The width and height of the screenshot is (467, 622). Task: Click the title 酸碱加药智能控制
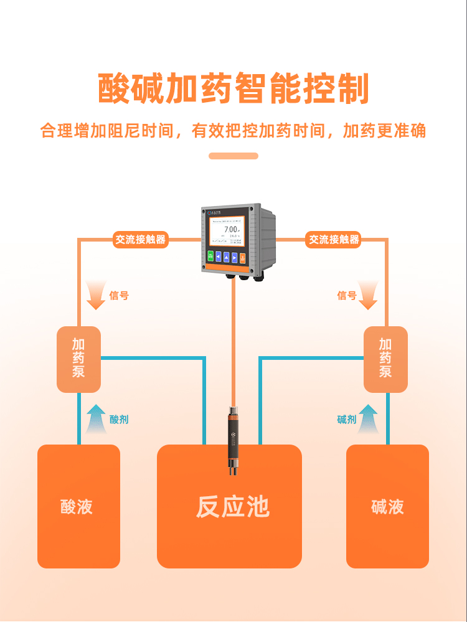tap(233, 89)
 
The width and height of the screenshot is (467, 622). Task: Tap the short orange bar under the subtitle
tap(233, 156)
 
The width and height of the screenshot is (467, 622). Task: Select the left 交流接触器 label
tap(141, 240)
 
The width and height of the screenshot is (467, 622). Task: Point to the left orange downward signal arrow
tap(96, 295)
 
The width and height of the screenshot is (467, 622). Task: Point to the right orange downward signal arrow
tap(369, 295)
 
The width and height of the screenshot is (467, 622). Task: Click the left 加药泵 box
tap(78, 359)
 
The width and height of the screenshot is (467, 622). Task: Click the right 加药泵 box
tap(385, 359)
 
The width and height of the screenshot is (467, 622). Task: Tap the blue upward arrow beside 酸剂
tap(96, 418)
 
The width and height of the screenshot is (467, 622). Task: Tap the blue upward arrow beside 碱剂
tap(369, 418)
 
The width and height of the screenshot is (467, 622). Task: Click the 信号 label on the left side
tap(119, 296)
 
